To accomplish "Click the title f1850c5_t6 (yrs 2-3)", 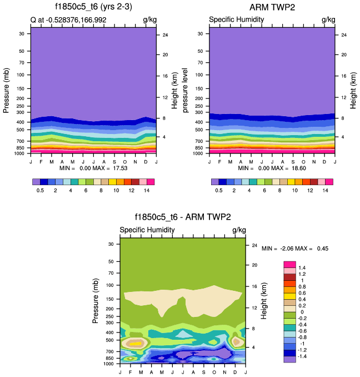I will [93, 7].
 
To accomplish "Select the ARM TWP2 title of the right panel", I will [272, 7].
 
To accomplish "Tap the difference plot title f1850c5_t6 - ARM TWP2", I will [182, 217].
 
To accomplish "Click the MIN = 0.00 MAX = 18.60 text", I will [272, 167].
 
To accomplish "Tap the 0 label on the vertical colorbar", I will [301, 311].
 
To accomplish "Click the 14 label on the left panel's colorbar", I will [146, 190].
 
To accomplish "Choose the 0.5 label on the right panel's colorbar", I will [219, 190].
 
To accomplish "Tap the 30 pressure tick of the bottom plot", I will [110, 244].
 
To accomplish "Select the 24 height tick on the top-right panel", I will [343, 35].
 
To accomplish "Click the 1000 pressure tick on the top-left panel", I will [19, 153].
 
